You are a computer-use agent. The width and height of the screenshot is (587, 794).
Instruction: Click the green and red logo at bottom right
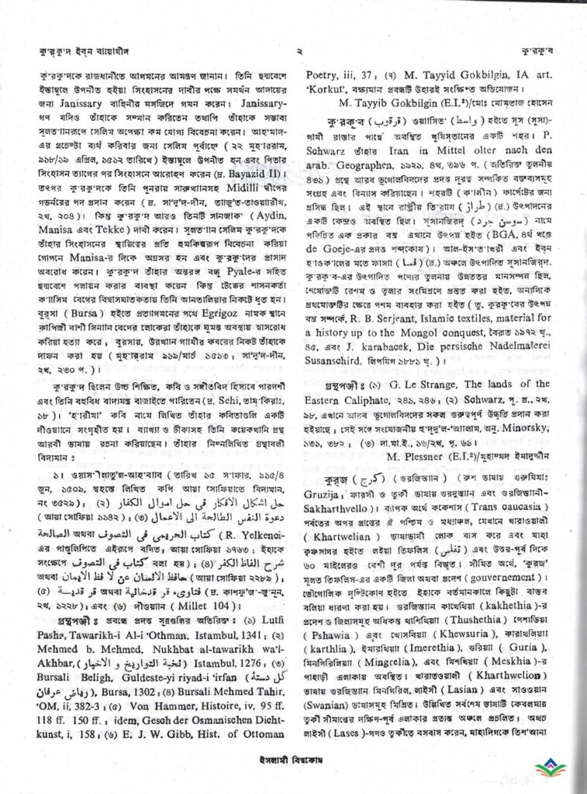(551, 767)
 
